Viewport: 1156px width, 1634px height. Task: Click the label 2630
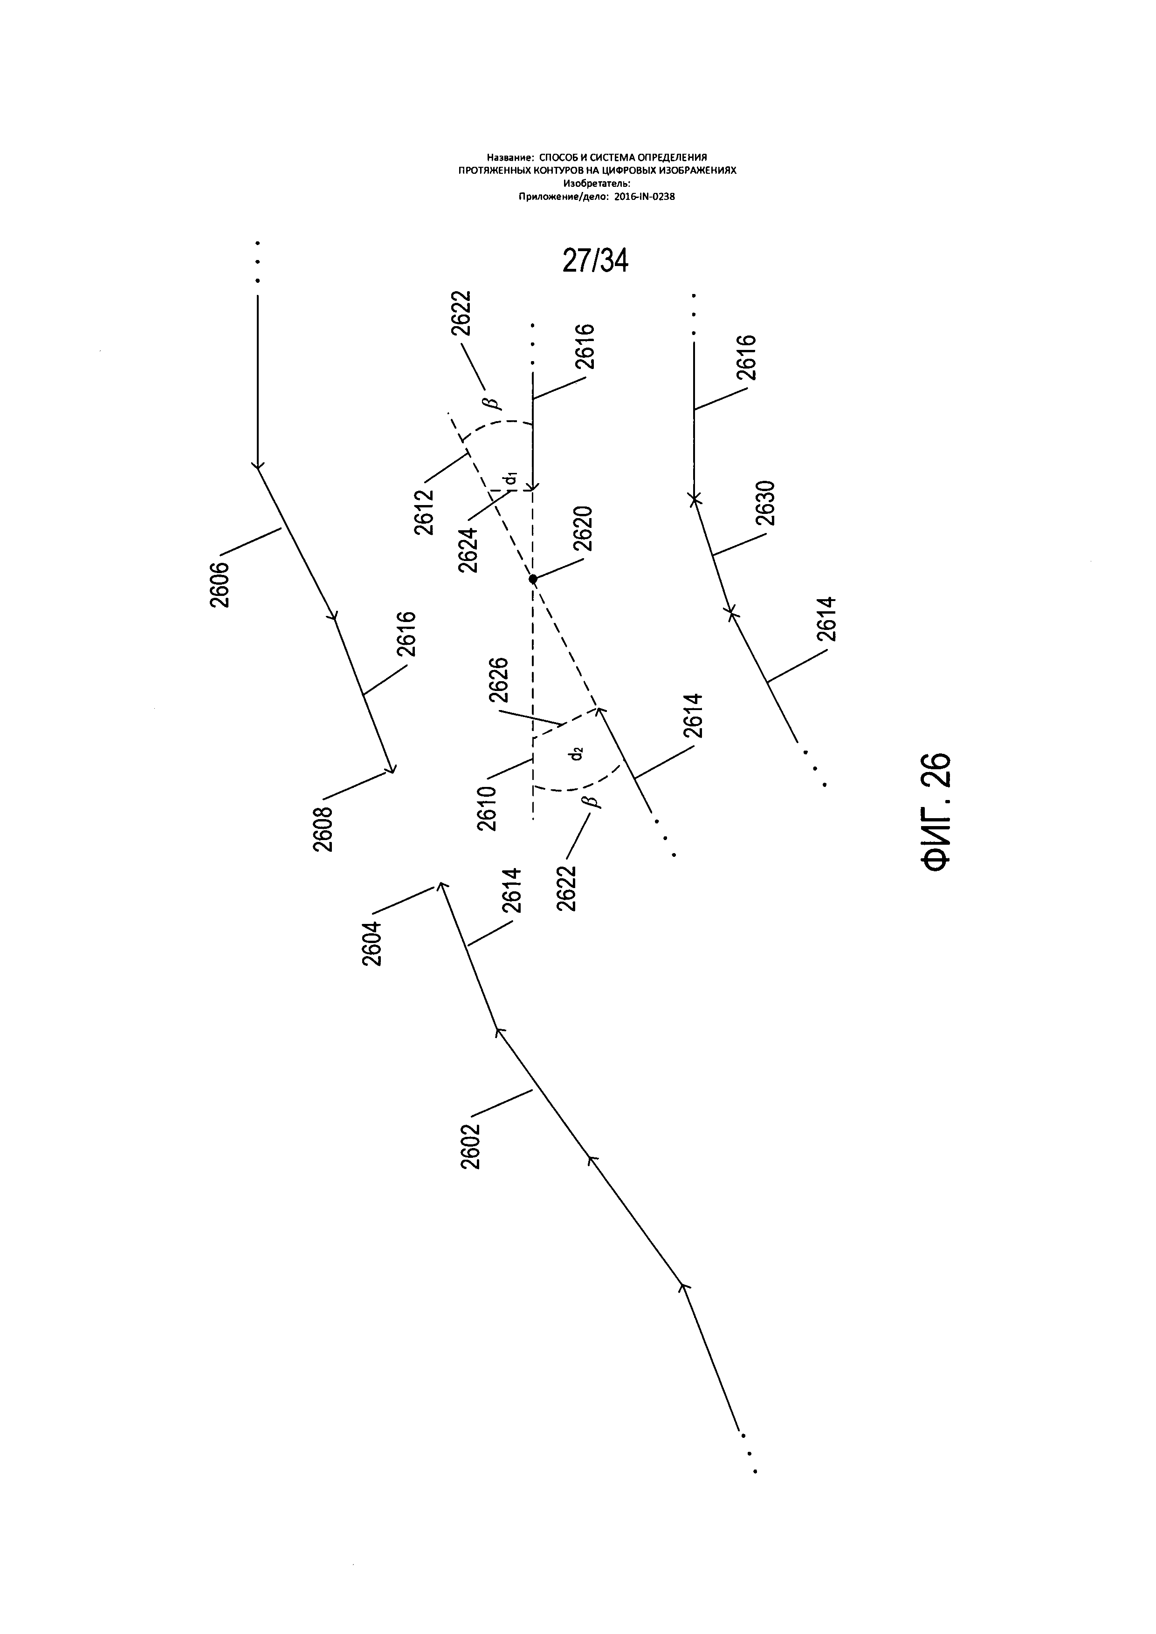(766, 503)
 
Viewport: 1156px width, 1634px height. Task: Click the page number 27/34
(595, 262)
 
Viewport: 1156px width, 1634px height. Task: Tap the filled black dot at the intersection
(533, 579)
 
